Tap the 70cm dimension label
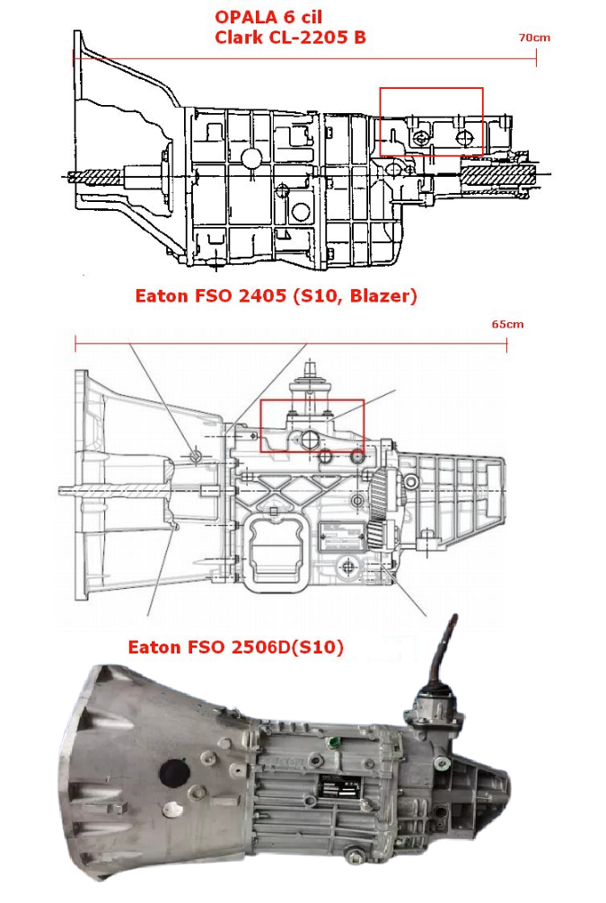pyautogui.click(x=533, y=38)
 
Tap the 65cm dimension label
pyautogui.click(x=506, y=324)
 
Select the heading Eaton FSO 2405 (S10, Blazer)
pyautogui.click(x=276, y=295)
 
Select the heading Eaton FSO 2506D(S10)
pyautogui.click(x=236, y=646)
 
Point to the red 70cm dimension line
pyautogui.click(x=305, y=60)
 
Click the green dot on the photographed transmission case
pyautogui.click(x=333, y=741)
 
